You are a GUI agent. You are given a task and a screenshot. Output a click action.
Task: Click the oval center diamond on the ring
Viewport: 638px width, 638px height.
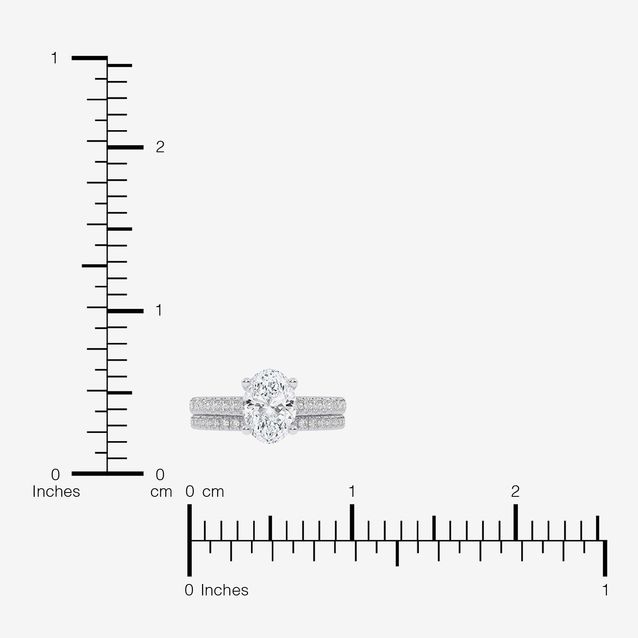pos(270,407)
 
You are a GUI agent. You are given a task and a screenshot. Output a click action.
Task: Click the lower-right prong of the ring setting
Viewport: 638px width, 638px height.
pos(293,431)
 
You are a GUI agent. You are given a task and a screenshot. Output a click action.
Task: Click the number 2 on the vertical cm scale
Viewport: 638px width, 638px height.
pos(160,147)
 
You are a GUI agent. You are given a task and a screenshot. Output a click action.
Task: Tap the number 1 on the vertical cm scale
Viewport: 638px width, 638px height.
pos(159,310)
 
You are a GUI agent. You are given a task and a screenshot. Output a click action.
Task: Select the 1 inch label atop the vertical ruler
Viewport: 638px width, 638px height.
pos(54,58)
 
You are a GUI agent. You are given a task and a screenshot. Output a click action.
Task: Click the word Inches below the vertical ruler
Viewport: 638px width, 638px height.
pos(56,492)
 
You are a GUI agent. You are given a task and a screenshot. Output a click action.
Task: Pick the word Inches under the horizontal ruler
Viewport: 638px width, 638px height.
pos(225,590)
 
